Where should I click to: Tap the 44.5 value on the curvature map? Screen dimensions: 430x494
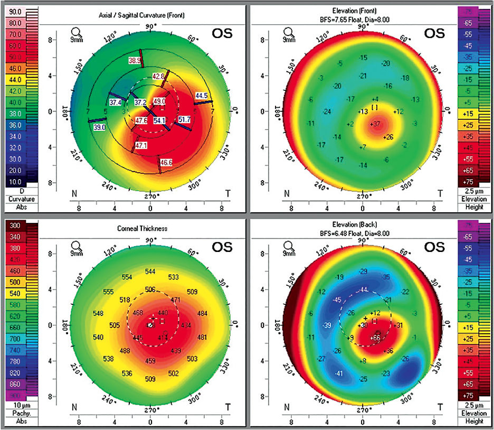click(201, 96)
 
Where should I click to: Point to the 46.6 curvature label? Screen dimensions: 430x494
click(159, 162)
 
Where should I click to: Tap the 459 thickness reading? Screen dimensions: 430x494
click(150, 361)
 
